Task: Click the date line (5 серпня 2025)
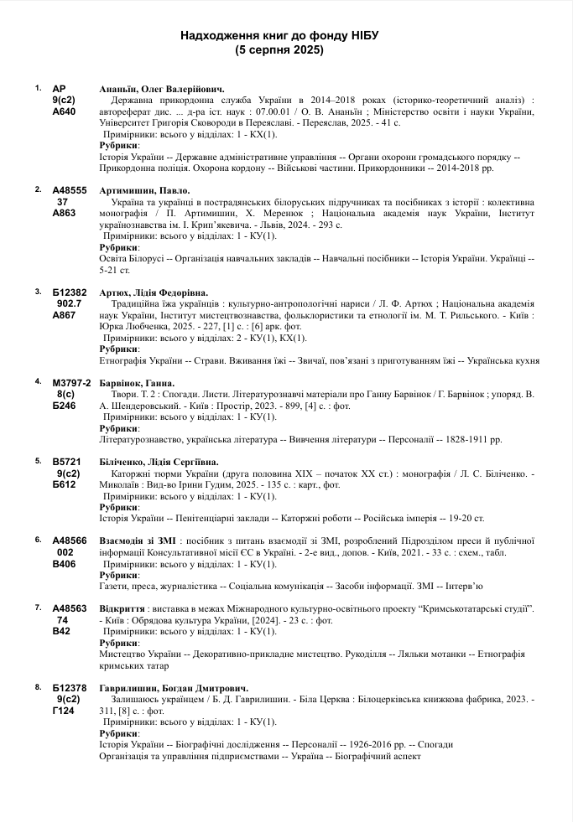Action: point(280,50)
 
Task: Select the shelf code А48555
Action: point(70,190)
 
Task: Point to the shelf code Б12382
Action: point(70,292)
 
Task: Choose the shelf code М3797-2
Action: point(71,381)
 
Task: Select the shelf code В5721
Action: point(66,461)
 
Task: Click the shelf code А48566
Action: point(70,541)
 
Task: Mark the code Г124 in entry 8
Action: point(64,711)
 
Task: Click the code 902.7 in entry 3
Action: point(69,303)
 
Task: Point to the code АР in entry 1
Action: point(59,88)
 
